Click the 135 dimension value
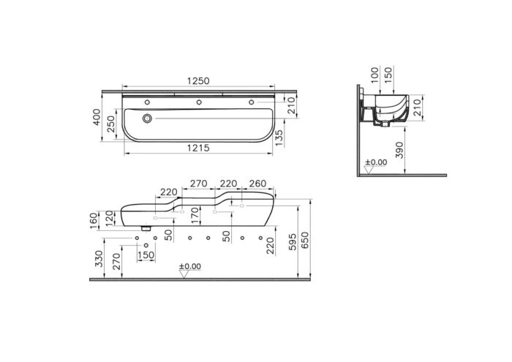tap(279, 137)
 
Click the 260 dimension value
tap(257, 183)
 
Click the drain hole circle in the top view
tap(148, 118)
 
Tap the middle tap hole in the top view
tap(199, 102)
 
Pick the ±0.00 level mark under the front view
tap(189, 266)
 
